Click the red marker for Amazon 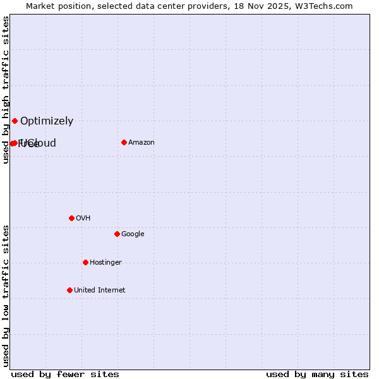124,142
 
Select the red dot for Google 117,234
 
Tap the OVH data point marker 71,218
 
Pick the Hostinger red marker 85,262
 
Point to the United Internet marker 69,290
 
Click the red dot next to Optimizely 15,121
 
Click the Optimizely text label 47,121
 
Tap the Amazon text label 141,143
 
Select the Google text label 133,234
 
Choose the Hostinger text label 105,263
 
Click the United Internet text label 99,291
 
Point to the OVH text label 83,219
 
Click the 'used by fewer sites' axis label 65,374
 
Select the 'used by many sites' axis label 317,374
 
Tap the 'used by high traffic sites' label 6,90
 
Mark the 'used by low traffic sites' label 6,296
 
